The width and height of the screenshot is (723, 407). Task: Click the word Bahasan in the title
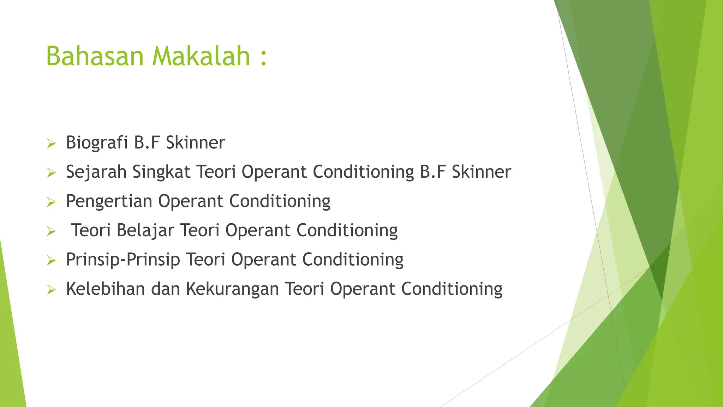(95, 56)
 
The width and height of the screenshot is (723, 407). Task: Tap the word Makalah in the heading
(201, 56)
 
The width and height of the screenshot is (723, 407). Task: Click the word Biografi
(97, 143)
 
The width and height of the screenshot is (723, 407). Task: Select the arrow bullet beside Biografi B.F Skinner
(51, 144)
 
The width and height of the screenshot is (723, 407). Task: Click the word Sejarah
(96, 172)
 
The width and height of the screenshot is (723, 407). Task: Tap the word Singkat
(161, 172)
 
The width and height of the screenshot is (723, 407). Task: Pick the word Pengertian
(109, 202)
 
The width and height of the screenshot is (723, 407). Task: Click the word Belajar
(145, 231)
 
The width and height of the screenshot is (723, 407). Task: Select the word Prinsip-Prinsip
(123, 260)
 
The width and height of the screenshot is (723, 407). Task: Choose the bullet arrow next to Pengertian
(51, 202)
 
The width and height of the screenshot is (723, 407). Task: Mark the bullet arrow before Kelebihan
(51, 290)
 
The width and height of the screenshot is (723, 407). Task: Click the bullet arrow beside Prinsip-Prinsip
(51, 261)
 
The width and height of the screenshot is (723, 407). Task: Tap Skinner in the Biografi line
(195, 143)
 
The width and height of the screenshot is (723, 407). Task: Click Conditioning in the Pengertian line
(280, 202)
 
